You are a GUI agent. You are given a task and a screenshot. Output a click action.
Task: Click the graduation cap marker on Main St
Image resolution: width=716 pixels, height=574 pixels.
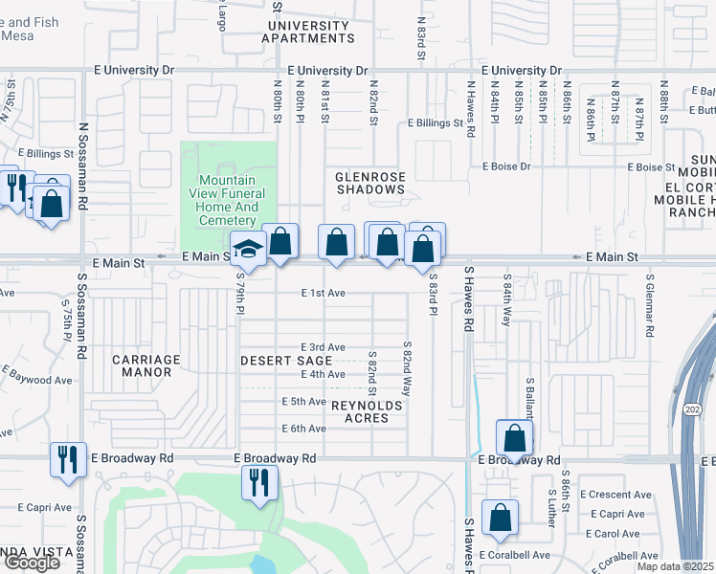click(x=248, y=251)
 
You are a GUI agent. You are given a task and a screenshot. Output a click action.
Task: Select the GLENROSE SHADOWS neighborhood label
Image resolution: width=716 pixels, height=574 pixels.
click(x=370, y=183)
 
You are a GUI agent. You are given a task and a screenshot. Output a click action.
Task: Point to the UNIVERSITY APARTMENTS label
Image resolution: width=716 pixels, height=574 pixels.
click(x=308, y=32)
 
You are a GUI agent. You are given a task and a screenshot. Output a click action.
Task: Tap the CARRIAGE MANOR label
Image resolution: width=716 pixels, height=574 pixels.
click(x=145, y=366)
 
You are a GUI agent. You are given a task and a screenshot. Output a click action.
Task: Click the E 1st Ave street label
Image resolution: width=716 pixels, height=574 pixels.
click(x=323, y=294)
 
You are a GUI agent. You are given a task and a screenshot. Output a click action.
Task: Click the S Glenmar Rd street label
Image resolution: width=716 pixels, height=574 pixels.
click(x=649, y=308)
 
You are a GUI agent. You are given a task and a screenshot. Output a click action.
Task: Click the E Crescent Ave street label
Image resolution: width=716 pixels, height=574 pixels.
click(x=620, y=495)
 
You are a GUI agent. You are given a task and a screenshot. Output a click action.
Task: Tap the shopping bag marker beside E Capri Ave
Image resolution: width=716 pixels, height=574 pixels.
click(x=500, y=519)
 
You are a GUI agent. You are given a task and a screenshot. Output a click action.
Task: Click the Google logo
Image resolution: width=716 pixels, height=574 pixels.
click(x=32, y=563)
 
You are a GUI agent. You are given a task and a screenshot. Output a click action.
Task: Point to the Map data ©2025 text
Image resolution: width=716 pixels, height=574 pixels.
click(x=676, y=567)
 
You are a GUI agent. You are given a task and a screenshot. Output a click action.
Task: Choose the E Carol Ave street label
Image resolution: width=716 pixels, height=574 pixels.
click(x=616, y=534)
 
